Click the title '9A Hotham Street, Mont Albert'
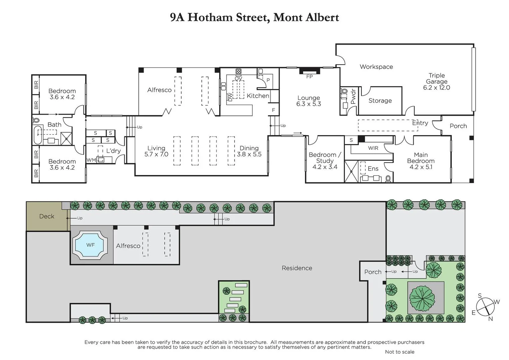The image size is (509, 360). click(x=254, y=17)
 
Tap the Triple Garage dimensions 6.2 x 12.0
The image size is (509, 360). click(x=436, y=88)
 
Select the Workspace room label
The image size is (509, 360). click(x=376, y=67)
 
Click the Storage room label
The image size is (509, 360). click(x=380, y=101)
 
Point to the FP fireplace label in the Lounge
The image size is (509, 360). click(x=309, y=77)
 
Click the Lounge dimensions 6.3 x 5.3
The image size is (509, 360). click(x=308, y=104)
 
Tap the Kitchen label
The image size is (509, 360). click(x=257, y=96)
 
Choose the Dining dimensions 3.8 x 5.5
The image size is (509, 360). click(x=249, y=154)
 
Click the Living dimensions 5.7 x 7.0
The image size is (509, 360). click(x=156, y=154)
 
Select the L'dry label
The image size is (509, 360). click(x=113, y=151)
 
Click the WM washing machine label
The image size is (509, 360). click(x=91, y=160)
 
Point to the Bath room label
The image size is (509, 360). click(x=54, y=125)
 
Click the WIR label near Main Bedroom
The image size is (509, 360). click(x=373, y=148)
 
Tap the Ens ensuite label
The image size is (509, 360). click(x=373, y=169)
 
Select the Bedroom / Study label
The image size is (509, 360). click(x=325, y=158)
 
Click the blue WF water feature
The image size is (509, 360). click(x=90, y=245)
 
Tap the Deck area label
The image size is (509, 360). click(x=47, y=216)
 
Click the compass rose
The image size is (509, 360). click(x=485, y=306)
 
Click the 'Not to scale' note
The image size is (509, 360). click(x=399, y=352)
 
